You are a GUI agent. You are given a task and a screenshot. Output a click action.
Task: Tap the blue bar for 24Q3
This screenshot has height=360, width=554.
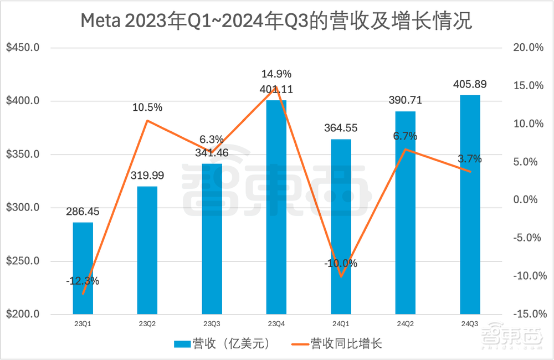pos(470,205)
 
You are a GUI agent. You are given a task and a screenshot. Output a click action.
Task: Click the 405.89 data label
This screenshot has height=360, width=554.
pos(470,84)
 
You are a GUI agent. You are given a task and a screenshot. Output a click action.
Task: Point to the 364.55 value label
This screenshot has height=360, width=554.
pos(341,128)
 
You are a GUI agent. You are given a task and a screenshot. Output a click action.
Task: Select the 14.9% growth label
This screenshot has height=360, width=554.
pos(276,74)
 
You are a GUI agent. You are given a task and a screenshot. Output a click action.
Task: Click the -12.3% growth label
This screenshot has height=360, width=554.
pos(83,281)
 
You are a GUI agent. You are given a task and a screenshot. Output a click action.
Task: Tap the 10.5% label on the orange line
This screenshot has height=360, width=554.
pos(147,107)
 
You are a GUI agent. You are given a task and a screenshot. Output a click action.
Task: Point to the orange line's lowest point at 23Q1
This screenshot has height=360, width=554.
pos(83,294)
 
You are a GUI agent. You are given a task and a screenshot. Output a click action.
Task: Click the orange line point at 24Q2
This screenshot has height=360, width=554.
pos(406,149)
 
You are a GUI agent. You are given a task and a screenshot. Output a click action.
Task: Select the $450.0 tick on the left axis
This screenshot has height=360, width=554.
pos(23,48)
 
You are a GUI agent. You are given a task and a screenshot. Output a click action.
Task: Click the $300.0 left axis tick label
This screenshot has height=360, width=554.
pos(23,208)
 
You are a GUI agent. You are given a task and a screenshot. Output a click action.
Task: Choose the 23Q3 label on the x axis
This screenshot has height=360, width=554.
pos(212,325)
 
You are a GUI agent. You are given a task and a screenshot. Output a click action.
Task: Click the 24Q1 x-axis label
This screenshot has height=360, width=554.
pos(341,325)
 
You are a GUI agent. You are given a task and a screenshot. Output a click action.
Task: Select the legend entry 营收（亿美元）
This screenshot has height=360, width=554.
pos(222,344)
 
